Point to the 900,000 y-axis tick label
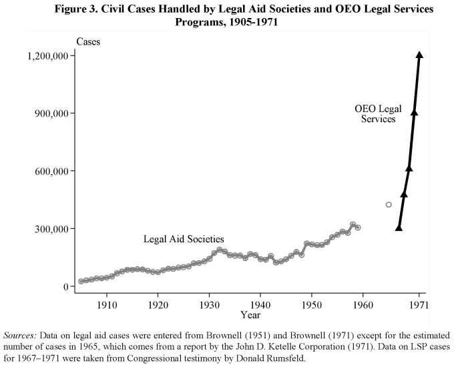(48, 113)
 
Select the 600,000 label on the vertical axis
(48, 171)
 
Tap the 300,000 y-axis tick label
(48, 229)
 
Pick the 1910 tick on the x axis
(106, 304)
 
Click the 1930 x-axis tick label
(209, 304)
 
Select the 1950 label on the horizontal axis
(311, 304)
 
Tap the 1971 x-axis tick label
(419, 304)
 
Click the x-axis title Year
(250, 314)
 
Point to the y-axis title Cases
(88, 42)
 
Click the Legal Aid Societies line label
(184, 239)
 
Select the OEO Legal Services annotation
(375, 113)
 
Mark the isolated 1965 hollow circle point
(389, 204)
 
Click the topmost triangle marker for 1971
(419, 55)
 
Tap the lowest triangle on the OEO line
(399, 228)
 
